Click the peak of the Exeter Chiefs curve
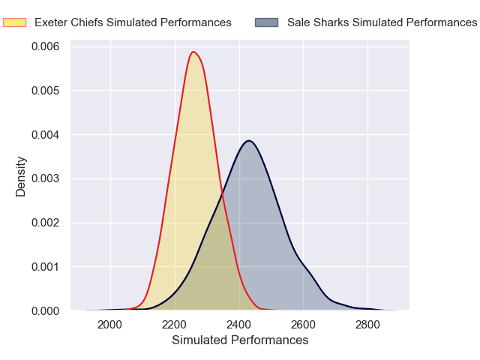click(193, 52)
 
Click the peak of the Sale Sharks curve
click(249, 141)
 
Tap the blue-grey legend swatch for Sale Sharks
click(266, 22)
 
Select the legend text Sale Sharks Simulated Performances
click(382, 22)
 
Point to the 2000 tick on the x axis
click(110, 325)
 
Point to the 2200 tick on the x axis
click(175, 325)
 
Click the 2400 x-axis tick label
click(239, 325)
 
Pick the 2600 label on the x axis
click(304, 325)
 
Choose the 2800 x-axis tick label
click(367, 325)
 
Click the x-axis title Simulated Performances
click(240, 340)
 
